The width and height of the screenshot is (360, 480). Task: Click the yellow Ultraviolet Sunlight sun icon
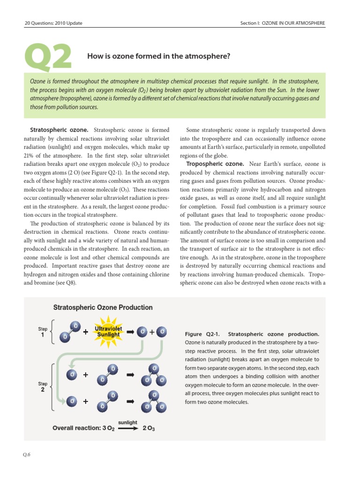point(108,332)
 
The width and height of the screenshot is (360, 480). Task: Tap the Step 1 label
point(43,332)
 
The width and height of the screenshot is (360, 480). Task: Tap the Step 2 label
point(43,386)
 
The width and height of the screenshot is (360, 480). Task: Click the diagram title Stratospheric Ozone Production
point(103,307)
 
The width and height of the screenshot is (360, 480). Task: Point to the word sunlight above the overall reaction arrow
point(127,422)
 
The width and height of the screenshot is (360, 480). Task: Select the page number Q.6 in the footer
point(27,454)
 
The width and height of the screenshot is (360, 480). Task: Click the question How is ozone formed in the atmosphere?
point(159,56)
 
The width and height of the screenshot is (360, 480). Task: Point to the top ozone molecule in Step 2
point(155,375)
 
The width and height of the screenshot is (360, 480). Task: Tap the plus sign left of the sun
point(86,332)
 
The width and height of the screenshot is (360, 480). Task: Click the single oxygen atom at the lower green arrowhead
point(71,401)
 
